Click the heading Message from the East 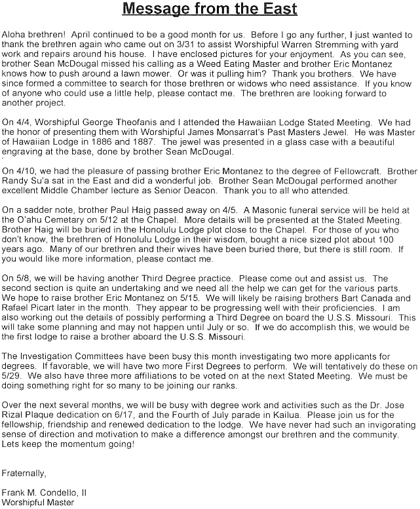[210, 10]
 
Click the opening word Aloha [14, 32]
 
